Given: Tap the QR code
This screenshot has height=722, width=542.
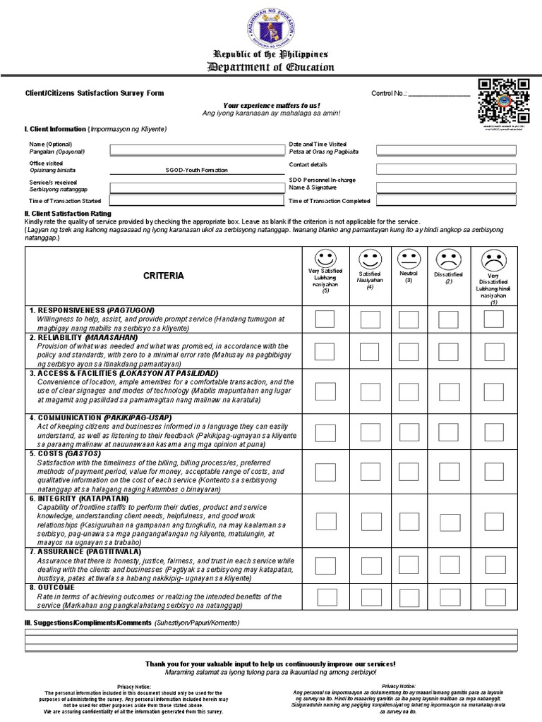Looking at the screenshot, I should pyautogui.click(x=504, y=101).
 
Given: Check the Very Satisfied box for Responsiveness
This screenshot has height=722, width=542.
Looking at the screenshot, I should pyautogui.click(x=325, y=319).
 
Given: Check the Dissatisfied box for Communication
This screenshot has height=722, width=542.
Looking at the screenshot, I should pyautogui.click(x=448, y=430).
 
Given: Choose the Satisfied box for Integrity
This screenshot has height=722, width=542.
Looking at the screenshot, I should pyautogui.click(x=370, y=521).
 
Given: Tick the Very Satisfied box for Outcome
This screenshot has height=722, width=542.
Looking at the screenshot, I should pyautogui.click(x=325, y=596).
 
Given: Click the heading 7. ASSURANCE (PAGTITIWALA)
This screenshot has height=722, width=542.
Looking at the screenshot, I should pyautogui.click(x=85, y=552).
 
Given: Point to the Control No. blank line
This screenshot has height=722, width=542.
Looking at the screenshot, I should pyautogui.click(x=439, y=94).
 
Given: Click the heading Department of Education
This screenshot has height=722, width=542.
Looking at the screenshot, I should pyautogui.click(x=271, y=67).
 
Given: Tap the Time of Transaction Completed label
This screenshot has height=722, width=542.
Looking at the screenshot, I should pyautogui.click(x=330, y=201).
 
